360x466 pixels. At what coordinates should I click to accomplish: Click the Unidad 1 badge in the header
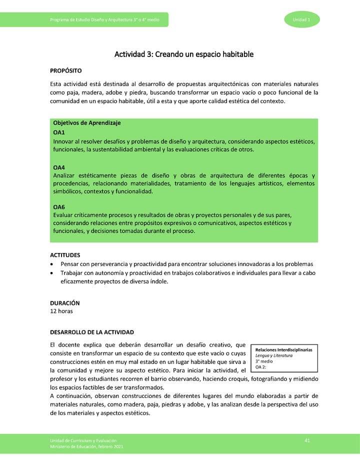tap(301, 19)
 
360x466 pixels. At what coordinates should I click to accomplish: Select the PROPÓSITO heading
tap(65, 71)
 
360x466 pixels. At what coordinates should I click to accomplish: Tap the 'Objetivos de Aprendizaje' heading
tap(86, 123)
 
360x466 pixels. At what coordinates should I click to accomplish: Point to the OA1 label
tap(59, 132)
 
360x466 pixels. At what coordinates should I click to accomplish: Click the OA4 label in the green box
tap(59, 167)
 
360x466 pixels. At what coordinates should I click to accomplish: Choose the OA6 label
tap(59, 206)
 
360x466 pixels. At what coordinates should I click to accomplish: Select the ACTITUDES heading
tap(65, 255)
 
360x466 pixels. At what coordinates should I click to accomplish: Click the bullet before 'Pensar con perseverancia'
tap(52, 264)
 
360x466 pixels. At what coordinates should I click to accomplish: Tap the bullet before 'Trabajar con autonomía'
tap(52, 273)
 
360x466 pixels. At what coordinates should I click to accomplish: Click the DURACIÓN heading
tap(64, 303)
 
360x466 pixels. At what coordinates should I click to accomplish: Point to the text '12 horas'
tap(61, 311)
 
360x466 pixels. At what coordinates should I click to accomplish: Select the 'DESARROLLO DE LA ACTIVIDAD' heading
tap(91, 332)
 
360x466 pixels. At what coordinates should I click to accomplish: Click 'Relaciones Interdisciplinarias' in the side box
tap(283, 350)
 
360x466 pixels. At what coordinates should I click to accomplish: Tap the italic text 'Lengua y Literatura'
tap(274, 355)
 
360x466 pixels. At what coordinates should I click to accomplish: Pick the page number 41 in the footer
tap(307, 440)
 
